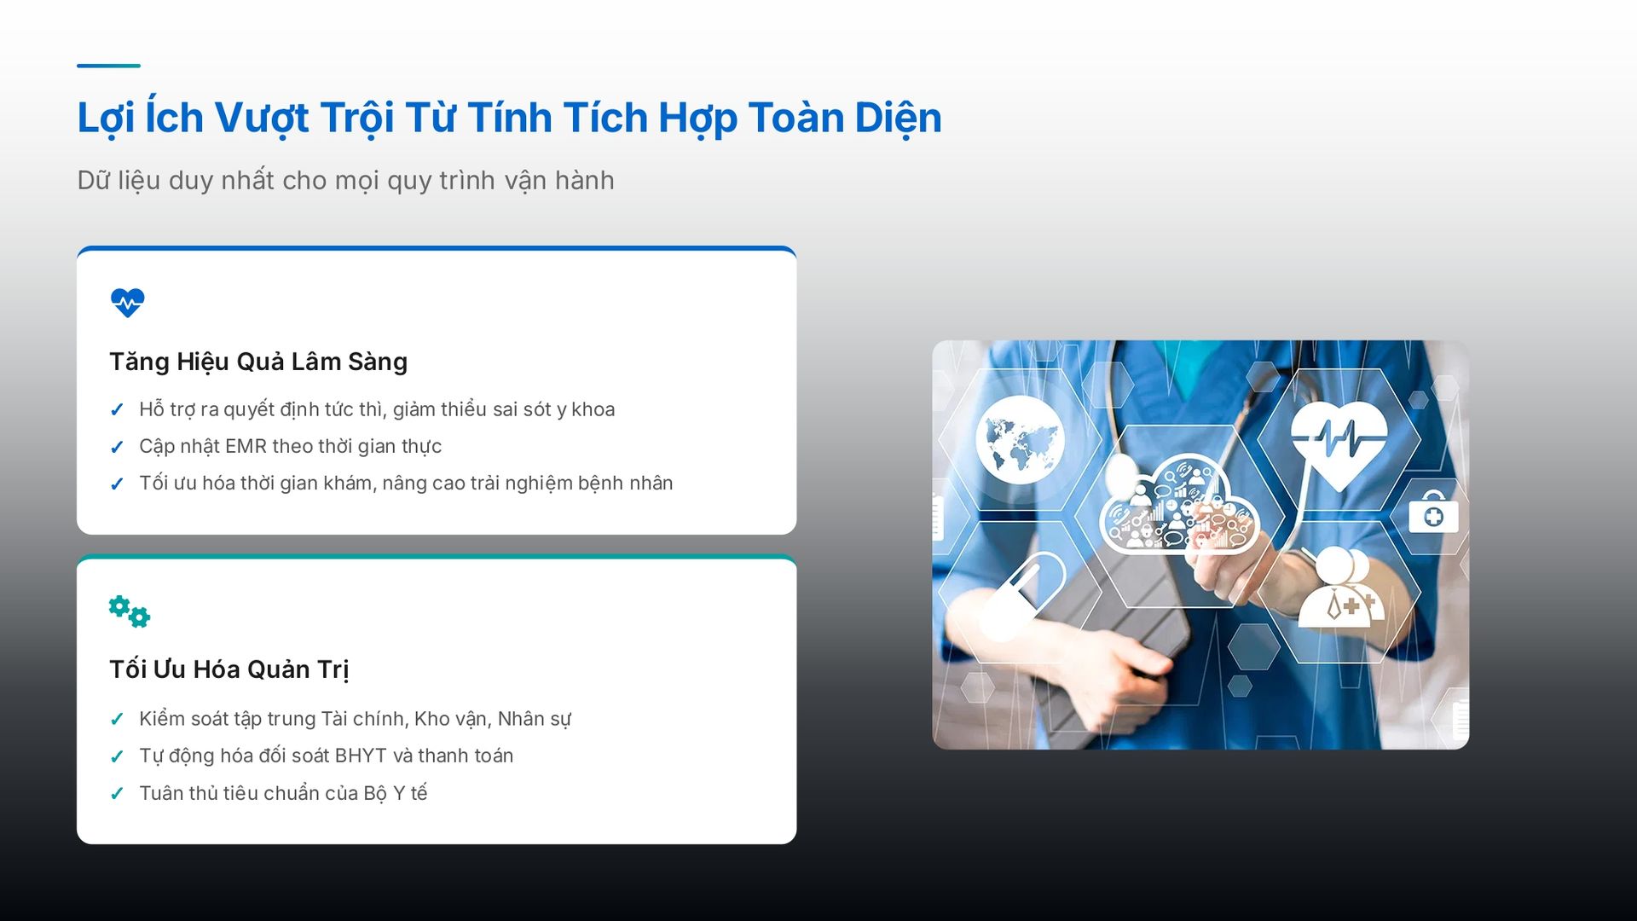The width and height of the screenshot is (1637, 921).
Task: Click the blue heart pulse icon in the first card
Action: (x=128, y=303)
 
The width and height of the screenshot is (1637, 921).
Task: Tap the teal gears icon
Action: (x=130, y=611)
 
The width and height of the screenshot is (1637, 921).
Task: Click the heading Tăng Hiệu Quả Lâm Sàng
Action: (x=258, y=362)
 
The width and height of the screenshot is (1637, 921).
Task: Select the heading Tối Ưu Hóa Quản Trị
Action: (x=229, y=669)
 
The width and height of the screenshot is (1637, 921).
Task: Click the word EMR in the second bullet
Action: (x=246, y=446)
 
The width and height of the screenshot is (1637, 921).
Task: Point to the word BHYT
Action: (x=361, y=756)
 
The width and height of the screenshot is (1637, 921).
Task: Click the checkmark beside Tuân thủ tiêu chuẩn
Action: (x=118, y=794)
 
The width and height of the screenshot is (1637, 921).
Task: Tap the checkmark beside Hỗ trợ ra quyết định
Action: (x=118, y=410)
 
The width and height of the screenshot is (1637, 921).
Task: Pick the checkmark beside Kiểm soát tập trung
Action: (x=118, y=720)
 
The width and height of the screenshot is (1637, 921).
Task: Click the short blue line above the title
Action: (x=108, y=65)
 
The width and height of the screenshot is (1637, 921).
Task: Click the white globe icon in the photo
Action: (x=1021, y=439)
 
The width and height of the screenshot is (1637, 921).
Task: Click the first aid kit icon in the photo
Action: (x=1433, y=513)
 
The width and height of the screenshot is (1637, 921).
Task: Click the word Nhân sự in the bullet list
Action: (x=535, y=719)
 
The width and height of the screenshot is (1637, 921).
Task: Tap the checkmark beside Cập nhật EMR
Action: (x=118, y=447)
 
